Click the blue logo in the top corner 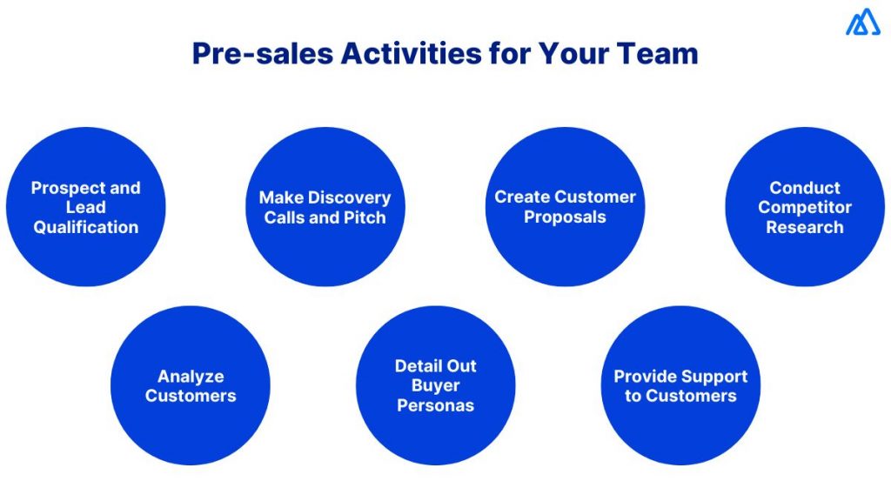(x=862, y=23)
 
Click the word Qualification (x=85, y=227)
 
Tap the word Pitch (x=365, y=217)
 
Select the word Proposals (x=565, y=217)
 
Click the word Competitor (x=804, y=207)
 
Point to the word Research (x=804, y=227)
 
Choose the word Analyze (x=191, y=377)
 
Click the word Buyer (x=435, y=385)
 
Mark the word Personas (x=435, y=405)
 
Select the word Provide (x=645, y=377)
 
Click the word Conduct (x=804, y=188)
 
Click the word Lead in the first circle (x=85, y=207)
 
